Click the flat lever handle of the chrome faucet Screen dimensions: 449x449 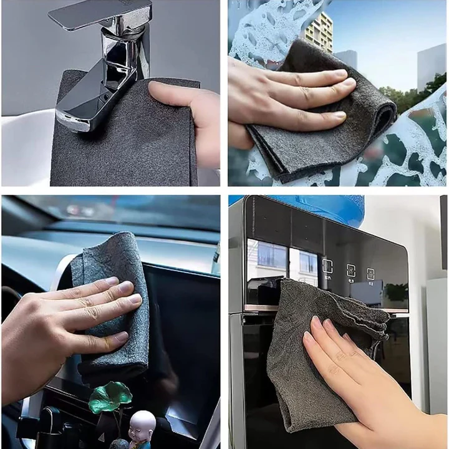(100, 14)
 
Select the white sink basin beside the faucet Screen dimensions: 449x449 (25, 150)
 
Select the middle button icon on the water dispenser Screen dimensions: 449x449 (351, 270)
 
